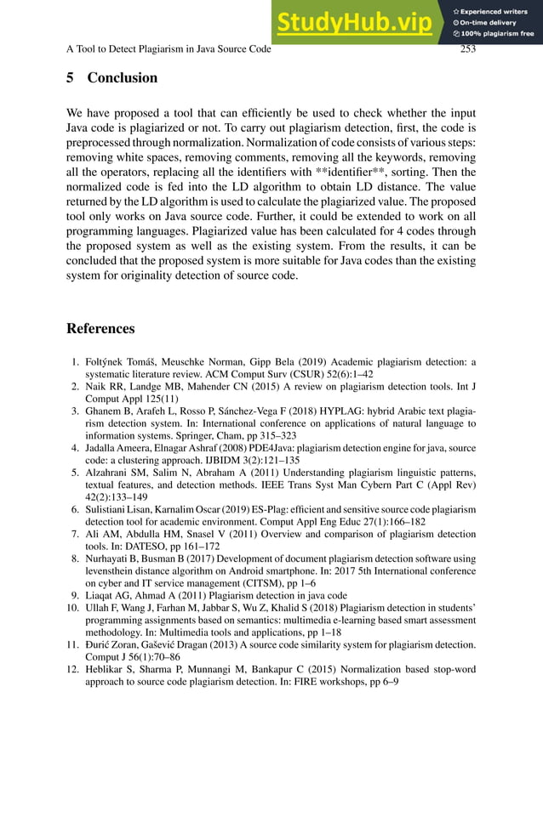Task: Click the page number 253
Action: tap(467, 49)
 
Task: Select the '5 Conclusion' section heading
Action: tap(111, 78)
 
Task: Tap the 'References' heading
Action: tap(100, 329)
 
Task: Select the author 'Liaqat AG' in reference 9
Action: tap(108, 595)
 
